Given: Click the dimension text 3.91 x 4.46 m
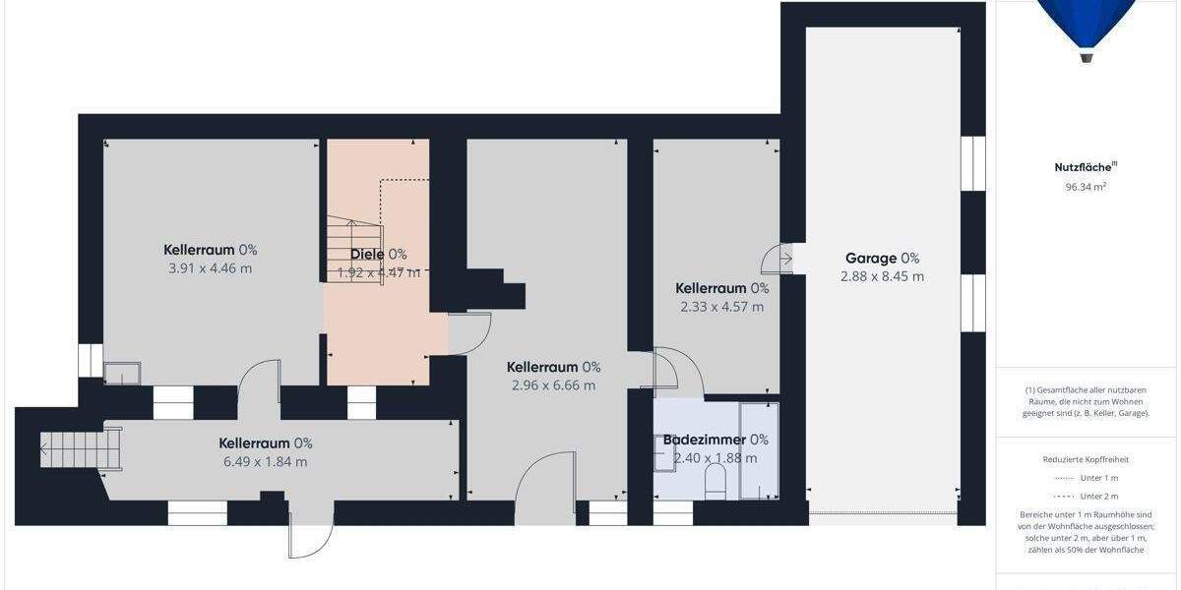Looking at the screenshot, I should (x=210, y=268).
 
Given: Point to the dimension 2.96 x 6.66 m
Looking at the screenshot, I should (x=553, y=385).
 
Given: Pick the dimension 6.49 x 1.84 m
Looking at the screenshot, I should (x=265, y=462).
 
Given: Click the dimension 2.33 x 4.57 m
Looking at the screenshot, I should (x=721, y=307).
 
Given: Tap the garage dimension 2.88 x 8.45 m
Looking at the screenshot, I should (x=882, y=277).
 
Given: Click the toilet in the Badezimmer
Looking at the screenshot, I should (x=715, y=480).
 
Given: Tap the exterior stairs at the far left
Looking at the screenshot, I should (x=79, y=448).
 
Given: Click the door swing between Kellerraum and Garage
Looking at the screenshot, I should (x=777, y=259).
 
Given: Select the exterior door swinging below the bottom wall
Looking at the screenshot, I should (x=310, y=535).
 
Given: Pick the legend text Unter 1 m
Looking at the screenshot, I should (x=1098, y=478).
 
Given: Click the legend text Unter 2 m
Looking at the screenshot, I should (x=1098, y=497).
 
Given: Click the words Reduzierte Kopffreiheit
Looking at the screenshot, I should (x=1086, y=459).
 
